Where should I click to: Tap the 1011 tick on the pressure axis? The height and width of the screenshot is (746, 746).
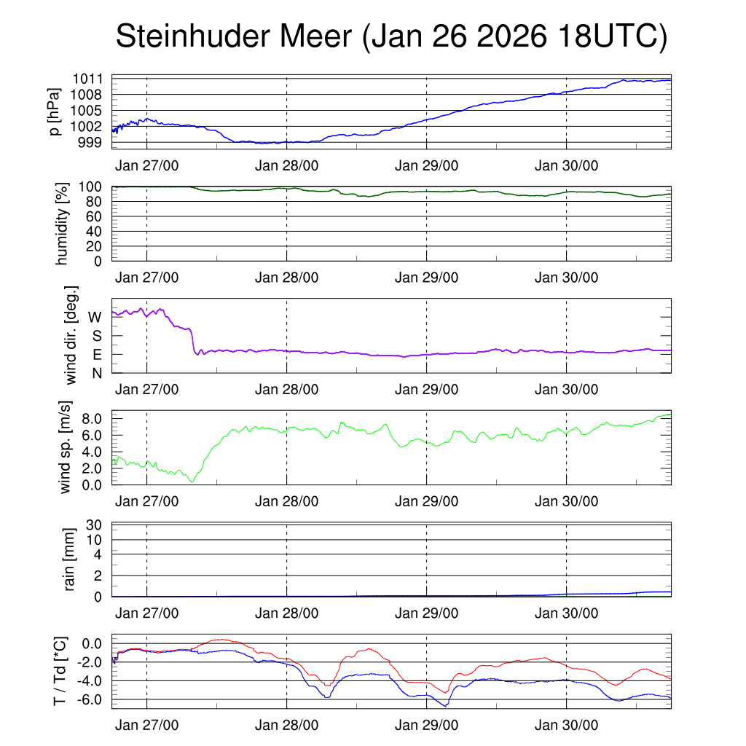point(87,79)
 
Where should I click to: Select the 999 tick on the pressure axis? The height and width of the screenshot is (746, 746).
point(91,142)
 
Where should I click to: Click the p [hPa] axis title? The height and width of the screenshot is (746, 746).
point(55,111)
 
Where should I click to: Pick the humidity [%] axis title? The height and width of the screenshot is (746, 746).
point(65,223)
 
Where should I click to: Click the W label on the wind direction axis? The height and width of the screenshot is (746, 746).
point(95,317)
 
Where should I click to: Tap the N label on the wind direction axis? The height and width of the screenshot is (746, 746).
point(96,373)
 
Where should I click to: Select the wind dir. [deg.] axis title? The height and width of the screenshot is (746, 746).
point(71,335)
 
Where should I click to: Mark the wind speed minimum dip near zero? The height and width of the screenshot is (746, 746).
point(192,481)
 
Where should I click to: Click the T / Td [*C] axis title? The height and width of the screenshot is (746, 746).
point(60,671)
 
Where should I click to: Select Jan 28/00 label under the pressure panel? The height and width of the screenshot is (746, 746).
point(286,165)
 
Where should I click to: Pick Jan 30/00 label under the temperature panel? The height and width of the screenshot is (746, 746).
point(566,726)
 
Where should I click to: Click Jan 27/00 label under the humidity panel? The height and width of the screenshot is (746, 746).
point(146,277)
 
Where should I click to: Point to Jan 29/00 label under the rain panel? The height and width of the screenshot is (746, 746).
point(426,613)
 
